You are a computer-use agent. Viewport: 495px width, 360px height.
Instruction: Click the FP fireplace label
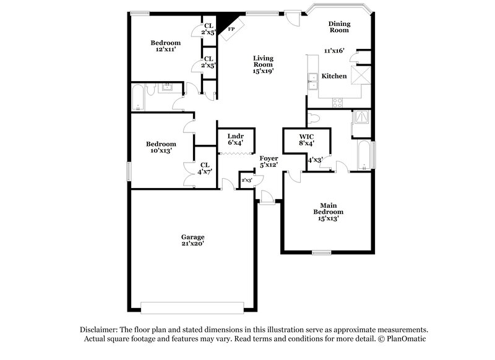(x=231, y=29)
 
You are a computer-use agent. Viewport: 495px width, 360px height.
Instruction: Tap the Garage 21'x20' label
(x=192, y=241)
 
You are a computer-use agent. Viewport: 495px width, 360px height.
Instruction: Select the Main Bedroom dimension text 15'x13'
(x=328, y=218)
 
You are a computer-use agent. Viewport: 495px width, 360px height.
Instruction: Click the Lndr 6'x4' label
(x=235, y=139)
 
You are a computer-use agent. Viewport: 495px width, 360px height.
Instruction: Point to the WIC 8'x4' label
(x=307, y=139)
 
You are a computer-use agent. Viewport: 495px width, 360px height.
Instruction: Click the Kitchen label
(x=334, y=76)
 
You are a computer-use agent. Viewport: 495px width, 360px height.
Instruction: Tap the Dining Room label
(x=338, y=27)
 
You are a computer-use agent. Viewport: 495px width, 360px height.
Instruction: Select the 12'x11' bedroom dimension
(x=165, y=50)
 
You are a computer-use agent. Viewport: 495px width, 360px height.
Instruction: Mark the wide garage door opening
(x=192, y=307)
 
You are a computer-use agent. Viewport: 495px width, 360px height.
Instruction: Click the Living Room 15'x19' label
(x=262, y=64)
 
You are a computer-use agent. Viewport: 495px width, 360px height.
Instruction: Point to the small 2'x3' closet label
(x=246, y=180)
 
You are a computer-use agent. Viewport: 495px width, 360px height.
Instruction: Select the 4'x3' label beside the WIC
(x=315, y=160)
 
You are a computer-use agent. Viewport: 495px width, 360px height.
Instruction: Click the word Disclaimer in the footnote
(x=99, y=330)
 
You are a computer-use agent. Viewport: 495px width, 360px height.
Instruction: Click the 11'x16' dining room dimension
(x=335, y=51)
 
